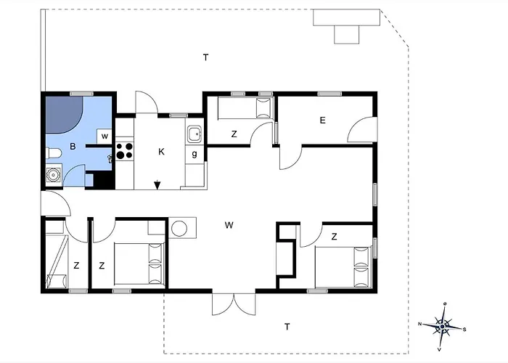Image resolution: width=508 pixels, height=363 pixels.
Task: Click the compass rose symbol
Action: (x=442, y=326)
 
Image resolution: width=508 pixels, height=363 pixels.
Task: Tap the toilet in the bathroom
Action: (x=53, y=153)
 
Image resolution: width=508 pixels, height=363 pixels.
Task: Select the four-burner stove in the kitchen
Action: (x=124, y=151)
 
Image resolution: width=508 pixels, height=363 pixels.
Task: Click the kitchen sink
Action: (x=194, y=134)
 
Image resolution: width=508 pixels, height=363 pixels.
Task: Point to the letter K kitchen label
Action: (x=161, y=151)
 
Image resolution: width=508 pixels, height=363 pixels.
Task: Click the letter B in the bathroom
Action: (x=73, y=147)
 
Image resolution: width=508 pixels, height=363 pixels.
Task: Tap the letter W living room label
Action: (x=229, y=225)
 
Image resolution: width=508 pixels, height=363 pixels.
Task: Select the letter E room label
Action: (x=322, y=121)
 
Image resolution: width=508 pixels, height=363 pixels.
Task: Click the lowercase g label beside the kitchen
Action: (x=194, y=154)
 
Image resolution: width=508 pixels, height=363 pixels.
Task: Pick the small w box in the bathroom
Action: (x=105, y=136)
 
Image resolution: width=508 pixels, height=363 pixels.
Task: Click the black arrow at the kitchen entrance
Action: (x=157, y=184)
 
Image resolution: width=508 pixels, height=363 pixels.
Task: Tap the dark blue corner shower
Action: (x=63, y=114)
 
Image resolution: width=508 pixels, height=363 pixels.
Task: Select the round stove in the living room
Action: (x=179, y=228)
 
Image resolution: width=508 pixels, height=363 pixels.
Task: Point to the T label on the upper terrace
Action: (x=205, y=57)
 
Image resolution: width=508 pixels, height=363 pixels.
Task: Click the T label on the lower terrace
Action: (x=287, y=327)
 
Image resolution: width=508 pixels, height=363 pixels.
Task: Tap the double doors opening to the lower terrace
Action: (x=234, y=305)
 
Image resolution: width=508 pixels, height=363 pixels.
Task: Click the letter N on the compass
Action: (x=420, y=324)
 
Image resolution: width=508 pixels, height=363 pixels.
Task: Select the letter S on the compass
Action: (x=464, y=330)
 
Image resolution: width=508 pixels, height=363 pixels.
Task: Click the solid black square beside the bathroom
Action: (x=102, y=179)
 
